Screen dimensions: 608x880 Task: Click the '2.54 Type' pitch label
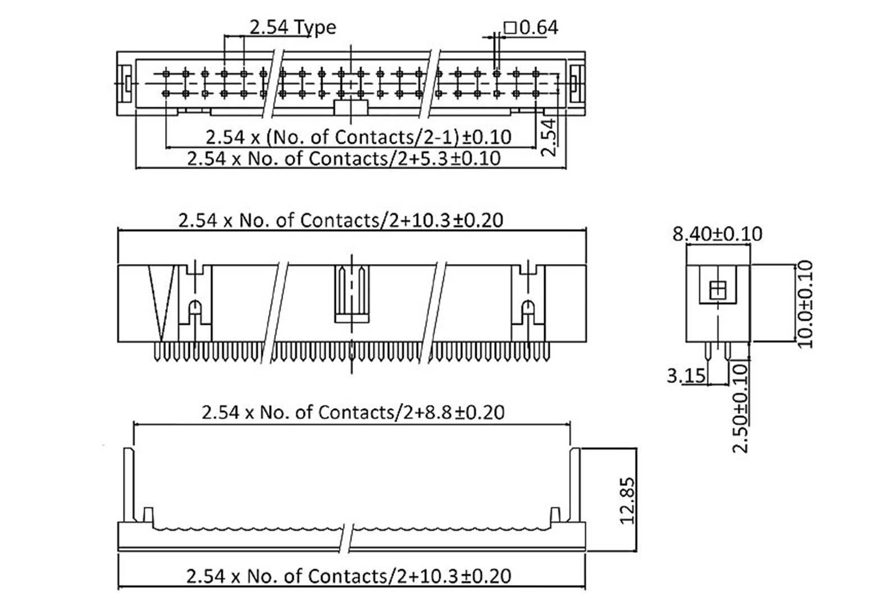point(292,27)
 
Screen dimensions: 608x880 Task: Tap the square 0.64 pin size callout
point(531,27)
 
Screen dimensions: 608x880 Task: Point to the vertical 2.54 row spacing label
point(550,137)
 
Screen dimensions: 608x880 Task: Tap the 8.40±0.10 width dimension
point(717,234)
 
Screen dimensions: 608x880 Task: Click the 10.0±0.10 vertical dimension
point(805,303)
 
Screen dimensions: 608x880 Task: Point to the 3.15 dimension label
point(686,375)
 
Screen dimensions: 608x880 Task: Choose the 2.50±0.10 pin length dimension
point(741,407)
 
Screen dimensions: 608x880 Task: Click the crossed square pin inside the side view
point(718,291)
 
